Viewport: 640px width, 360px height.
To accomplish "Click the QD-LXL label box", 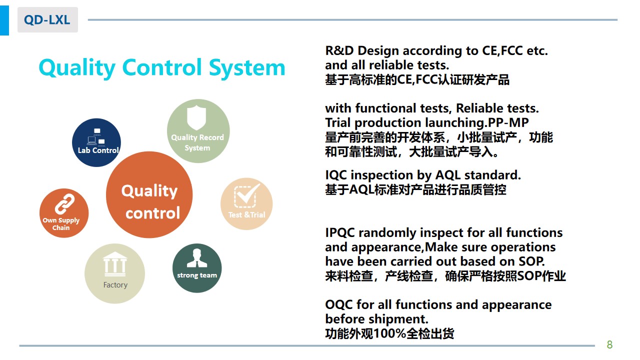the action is coord(47,19).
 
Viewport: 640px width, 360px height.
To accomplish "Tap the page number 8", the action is coord(609,344).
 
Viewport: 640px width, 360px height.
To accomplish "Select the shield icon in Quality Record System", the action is coord(196,117).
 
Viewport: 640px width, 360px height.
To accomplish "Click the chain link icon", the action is coord(64,204).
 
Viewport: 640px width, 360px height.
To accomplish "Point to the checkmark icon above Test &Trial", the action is coord(246,195).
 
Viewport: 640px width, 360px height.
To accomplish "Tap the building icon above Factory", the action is coord(115,264).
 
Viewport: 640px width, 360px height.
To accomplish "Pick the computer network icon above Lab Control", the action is coord(96,137).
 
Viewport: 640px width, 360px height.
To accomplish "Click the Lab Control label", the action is coord(98,150).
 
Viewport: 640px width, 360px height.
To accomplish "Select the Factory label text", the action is coord(115,285).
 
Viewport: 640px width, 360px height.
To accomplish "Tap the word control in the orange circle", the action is coord(153,213).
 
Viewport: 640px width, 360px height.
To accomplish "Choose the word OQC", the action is coord(339,304).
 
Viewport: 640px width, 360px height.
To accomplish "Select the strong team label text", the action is coord(197,275).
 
